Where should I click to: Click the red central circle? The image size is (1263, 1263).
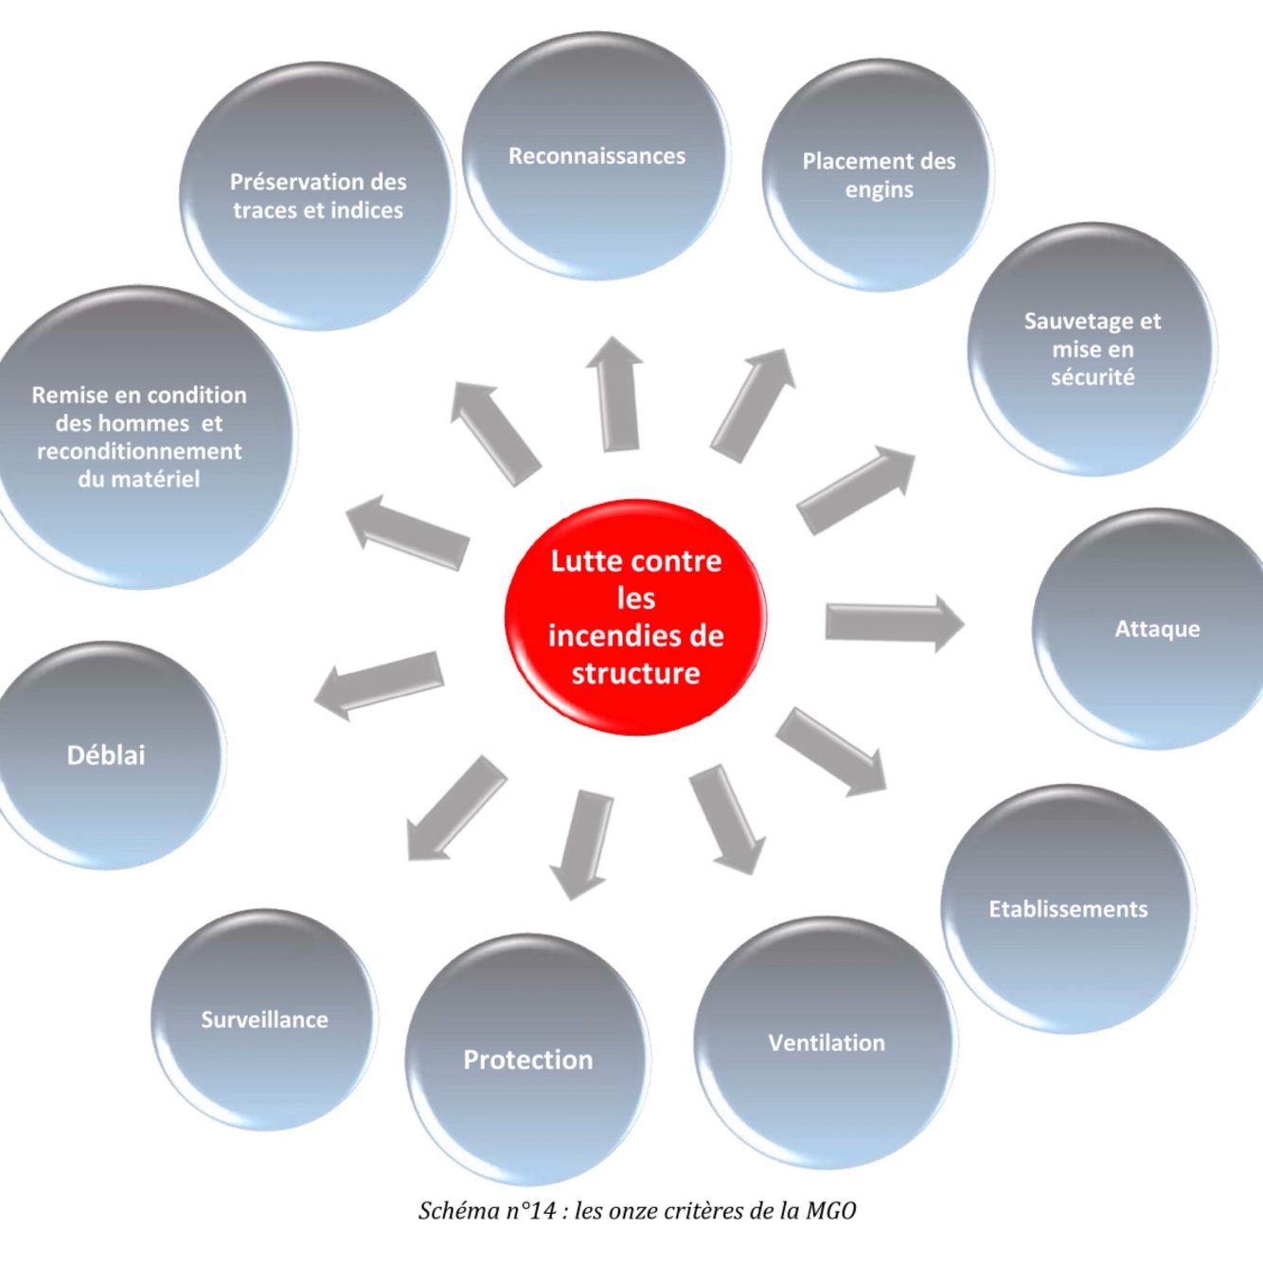click(x=635, y=616)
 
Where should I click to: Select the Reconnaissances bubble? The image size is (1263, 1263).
click(x=596, y=157)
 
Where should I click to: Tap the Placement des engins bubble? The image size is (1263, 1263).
click(x=878, y=175)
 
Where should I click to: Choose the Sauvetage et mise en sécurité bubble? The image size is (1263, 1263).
click(x=1092, y=349)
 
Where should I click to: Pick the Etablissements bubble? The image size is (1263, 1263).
click(x=1068, y=909)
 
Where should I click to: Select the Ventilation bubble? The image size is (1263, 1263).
click(x=826, y=1042)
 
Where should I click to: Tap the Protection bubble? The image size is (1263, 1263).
click(x=528, y=1059)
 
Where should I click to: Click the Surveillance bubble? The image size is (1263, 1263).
click(x=264, y=1020)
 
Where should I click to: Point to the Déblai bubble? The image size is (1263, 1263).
click(x=106, y=755)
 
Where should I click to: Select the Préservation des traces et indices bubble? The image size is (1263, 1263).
click(x=318, y=196)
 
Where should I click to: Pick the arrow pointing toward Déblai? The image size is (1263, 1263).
click(x=379, y=684)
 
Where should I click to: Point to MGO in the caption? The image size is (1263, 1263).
click(x=831, y=1210)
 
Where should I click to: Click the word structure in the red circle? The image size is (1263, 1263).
click(x=635, y=673)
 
